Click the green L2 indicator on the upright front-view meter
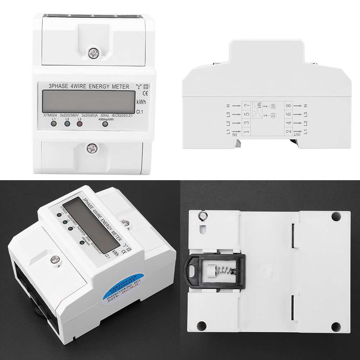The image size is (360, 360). click(x=67, y=124)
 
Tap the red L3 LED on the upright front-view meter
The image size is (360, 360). click(x=80, y=124)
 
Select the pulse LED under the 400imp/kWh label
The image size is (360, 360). click(x=105, y=124)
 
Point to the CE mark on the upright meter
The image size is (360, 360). click(x=141, y=94)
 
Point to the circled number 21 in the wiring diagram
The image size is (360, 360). click(x=273, y=115)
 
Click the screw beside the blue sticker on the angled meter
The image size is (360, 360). click(x=56, y=259)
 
